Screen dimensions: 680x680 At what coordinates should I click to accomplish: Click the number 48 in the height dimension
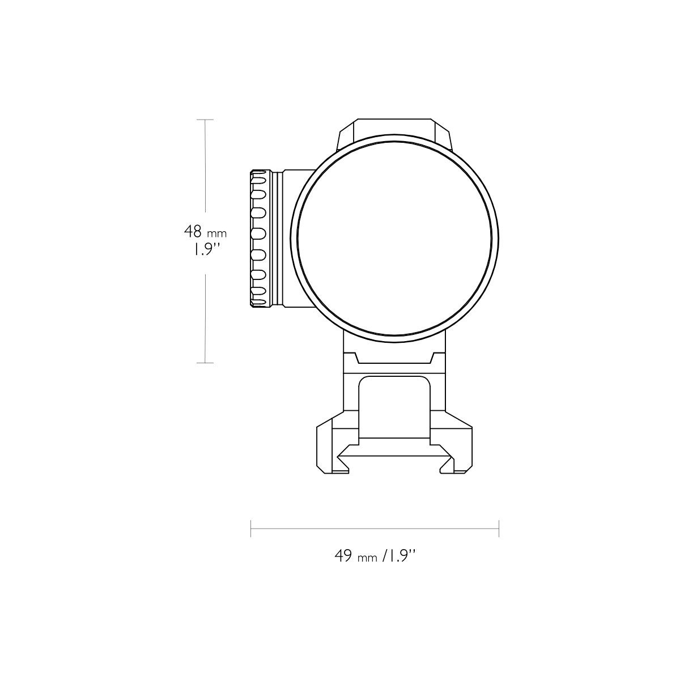tap(193, 232)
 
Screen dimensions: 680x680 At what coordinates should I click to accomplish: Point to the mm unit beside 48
tap(216, 233)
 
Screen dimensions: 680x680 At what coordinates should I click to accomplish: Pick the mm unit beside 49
tap(367, 558)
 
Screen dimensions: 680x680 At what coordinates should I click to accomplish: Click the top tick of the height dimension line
tap(205, 120)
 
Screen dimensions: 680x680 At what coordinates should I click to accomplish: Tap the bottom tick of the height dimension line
tap(205, 363)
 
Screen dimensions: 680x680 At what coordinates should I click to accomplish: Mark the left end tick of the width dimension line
tap(250, 528)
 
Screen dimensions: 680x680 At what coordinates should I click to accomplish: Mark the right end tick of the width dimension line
tap(499, 528)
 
